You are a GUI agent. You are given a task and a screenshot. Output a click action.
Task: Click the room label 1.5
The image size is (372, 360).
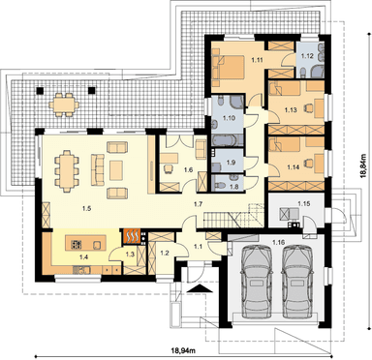pos(86,208)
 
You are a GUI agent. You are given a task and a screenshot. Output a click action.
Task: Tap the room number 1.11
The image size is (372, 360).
pos(258,59)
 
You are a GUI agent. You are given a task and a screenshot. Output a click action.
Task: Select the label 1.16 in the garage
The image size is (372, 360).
pos(278,242)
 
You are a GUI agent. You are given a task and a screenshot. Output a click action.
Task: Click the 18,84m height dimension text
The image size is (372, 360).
pos(364,165)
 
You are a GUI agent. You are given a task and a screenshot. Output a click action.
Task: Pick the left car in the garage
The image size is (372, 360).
pos(257,282)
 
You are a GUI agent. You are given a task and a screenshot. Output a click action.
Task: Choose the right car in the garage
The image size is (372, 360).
pos(297,282)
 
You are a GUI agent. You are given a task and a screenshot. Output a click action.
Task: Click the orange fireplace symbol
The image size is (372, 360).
pos(131,236)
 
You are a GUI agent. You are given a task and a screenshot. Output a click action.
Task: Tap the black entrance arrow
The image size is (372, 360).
pos(200,288)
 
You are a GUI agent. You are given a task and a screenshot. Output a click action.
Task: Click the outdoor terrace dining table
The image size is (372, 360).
pos(64,105)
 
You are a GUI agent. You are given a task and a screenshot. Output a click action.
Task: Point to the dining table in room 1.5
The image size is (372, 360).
pos(67,168)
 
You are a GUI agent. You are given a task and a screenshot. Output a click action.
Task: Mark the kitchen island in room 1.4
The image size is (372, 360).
pos(85,243)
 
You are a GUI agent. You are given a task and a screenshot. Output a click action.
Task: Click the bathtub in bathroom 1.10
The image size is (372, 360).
pos(225,140)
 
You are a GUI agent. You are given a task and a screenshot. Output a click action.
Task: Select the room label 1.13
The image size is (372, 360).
pos(291,110)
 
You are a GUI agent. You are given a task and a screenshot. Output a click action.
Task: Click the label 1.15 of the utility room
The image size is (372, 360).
pos(303,204)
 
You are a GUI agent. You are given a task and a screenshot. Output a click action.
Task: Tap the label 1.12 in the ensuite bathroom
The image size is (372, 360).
pos(307,56)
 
